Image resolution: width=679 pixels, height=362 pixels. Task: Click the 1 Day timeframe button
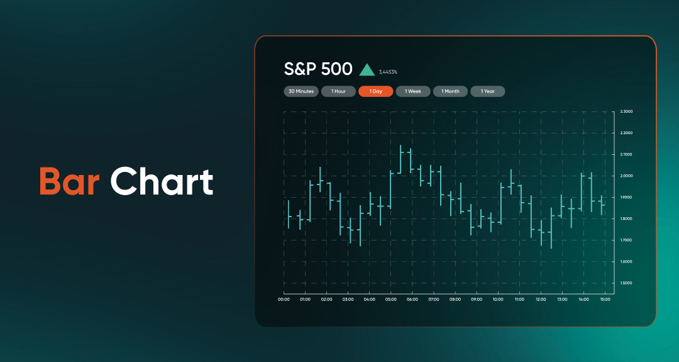pyautogui.click(x=376, y=91)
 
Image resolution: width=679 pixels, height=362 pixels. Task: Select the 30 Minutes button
pyautogui.click(x=301, y=91)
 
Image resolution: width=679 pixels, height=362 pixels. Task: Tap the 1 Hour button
pyautogui.click(x=338, y=91)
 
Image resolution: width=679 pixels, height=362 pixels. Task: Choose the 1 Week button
pyautogui.click(x=413, y=91)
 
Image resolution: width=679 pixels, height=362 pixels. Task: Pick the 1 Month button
pyautogui.click(x=450, y=91)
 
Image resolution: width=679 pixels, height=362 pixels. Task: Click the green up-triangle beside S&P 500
pyautogui.click(x=367, y=71)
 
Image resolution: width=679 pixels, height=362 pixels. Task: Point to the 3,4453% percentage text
pyautogui.click(x=388, y=72)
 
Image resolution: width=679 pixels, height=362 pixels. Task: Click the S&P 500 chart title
pyautogui.click(x=318, y=69)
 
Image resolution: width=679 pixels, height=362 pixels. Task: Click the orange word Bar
pyautogui.click(x=69, y=181)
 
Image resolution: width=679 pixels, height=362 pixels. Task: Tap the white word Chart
pyautogui.click(x=162, y=181)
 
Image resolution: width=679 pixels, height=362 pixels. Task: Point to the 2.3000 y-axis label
pyautogui.click(x=626, y=111)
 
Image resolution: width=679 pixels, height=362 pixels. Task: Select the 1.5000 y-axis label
pyautogui.click(x=626, y=283)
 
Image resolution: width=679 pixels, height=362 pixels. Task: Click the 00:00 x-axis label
pyautogui.click(x=284, y=299)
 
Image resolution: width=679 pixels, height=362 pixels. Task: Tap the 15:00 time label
pyautogui.click(x=605, y=299)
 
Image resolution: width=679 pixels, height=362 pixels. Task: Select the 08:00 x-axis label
pyautogui.click(x=455, y=299)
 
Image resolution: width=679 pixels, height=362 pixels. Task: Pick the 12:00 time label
pyautogui.click(x=541, y=299)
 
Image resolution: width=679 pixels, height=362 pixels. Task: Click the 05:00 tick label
pyautogui.click(x=390, y=299)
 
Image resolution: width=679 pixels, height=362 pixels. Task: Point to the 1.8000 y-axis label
pyautogui.click(x=626, y=219)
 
